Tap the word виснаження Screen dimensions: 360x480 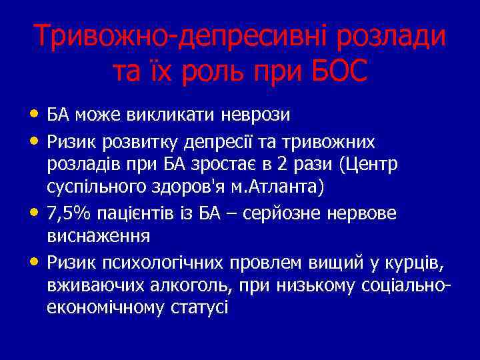99,236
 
